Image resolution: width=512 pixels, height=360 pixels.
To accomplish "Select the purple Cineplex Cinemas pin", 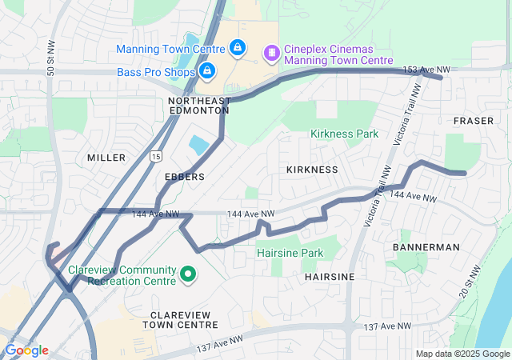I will (x=272, y=53).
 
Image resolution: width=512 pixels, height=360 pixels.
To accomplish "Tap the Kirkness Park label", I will (x=344, y=134).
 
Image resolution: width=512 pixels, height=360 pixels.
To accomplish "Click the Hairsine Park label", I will (x=290, y=253).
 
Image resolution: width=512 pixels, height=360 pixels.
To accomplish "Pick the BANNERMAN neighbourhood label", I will (x=426, y=247).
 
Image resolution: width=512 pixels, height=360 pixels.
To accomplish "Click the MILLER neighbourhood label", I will (x=106, y=158).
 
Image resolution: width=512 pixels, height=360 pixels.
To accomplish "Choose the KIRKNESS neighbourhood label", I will (x=312, y=170).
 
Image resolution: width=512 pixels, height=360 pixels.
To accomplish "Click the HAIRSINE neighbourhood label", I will (x=330, y=276).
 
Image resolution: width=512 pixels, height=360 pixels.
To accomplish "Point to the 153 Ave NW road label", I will (x=426, y=70).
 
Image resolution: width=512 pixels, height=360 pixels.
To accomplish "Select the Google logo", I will (x=26, y=350).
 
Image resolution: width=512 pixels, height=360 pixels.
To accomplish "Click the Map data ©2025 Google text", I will (x=462, y=354).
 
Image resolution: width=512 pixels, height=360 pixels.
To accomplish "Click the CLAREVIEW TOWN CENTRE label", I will (x=180, y=319).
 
